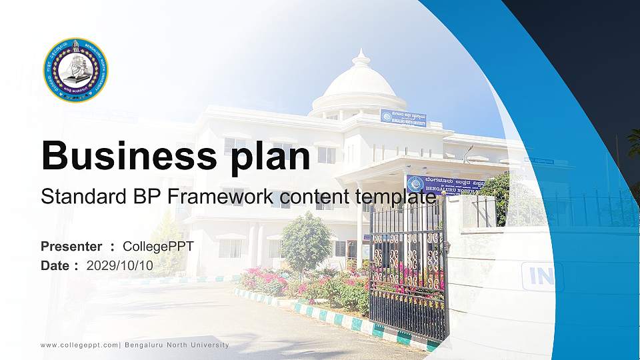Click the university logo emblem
75,70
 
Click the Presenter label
71,247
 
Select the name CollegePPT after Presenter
158,247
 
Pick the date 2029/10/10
120,265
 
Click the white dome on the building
359,83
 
